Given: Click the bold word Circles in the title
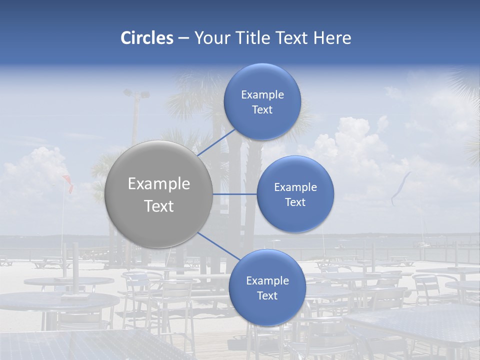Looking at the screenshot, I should (x=146, y=38).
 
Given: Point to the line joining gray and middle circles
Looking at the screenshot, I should (x=235, y=194).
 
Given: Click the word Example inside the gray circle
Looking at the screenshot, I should (x=159, y=184).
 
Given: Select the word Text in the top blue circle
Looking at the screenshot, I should (x=262, y=110).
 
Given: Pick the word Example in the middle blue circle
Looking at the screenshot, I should (x=295, y=187).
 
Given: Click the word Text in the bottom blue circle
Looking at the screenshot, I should (x=267, y=296).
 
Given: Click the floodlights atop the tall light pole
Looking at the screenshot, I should (x=136, y=93).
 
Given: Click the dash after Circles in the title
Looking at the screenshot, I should (x=183, y=38).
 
